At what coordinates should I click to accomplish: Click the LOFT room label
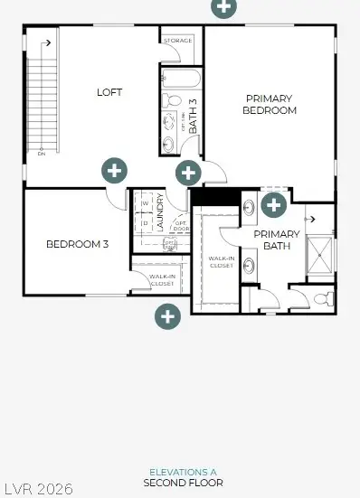point(109,92)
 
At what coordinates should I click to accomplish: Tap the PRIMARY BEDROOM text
point(270,104)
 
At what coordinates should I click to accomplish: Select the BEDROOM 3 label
point(77,243)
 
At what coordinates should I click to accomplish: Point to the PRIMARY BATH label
point(276,240)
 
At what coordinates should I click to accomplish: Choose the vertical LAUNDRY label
point(159,212)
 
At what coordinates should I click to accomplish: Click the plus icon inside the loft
point(113,171)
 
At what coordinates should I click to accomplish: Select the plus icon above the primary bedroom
point(224,6)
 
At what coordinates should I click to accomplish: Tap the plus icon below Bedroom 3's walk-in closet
point(167,315)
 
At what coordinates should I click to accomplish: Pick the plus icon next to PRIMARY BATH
point(273,205)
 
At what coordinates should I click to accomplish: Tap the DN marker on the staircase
point(42,154)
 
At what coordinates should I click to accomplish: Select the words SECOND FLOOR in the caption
point(183,484)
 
